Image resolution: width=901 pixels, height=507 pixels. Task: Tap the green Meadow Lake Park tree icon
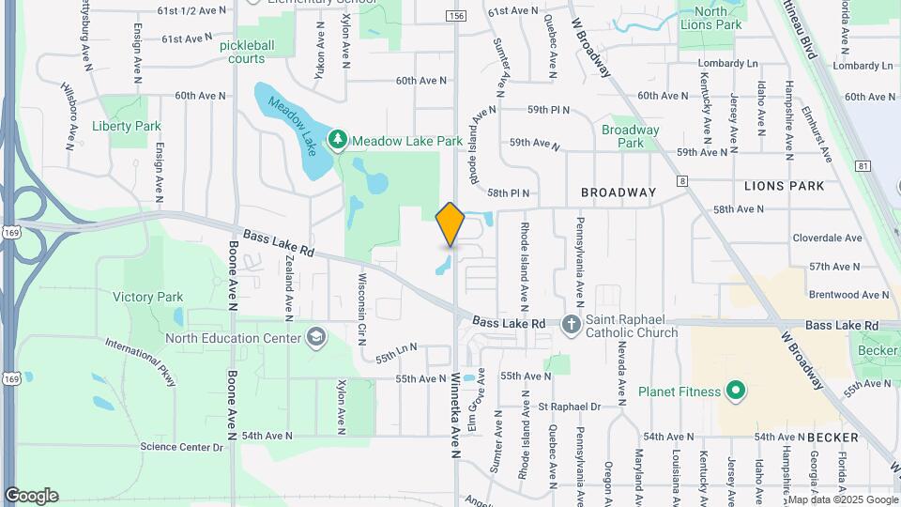tap(338, 141)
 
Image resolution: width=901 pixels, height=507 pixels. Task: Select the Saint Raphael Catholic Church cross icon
tap(571, 325)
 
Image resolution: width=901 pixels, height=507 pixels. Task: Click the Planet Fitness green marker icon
tap(736, 391)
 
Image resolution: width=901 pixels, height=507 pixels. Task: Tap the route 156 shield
tap(456, 16)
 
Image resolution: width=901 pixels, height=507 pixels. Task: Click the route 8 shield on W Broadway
tap(682, 180)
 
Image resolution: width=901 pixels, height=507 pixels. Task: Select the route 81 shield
tap(863, 166)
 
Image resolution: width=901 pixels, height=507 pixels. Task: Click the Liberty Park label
tap(127, 126)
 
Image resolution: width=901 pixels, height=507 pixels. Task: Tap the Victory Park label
tap(147, 297)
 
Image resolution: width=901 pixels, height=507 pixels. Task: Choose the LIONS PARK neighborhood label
tap(784, 186)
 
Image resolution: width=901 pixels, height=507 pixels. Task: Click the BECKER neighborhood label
tap(832, 438)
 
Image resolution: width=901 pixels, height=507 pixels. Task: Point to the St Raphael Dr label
tap(569, 407)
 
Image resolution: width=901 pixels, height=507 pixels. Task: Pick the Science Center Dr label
tap(181, 447)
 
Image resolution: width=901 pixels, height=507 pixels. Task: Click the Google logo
tap(31, 495)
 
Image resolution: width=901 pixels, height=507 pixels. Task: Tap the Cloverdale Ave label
tap(827, 238)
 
